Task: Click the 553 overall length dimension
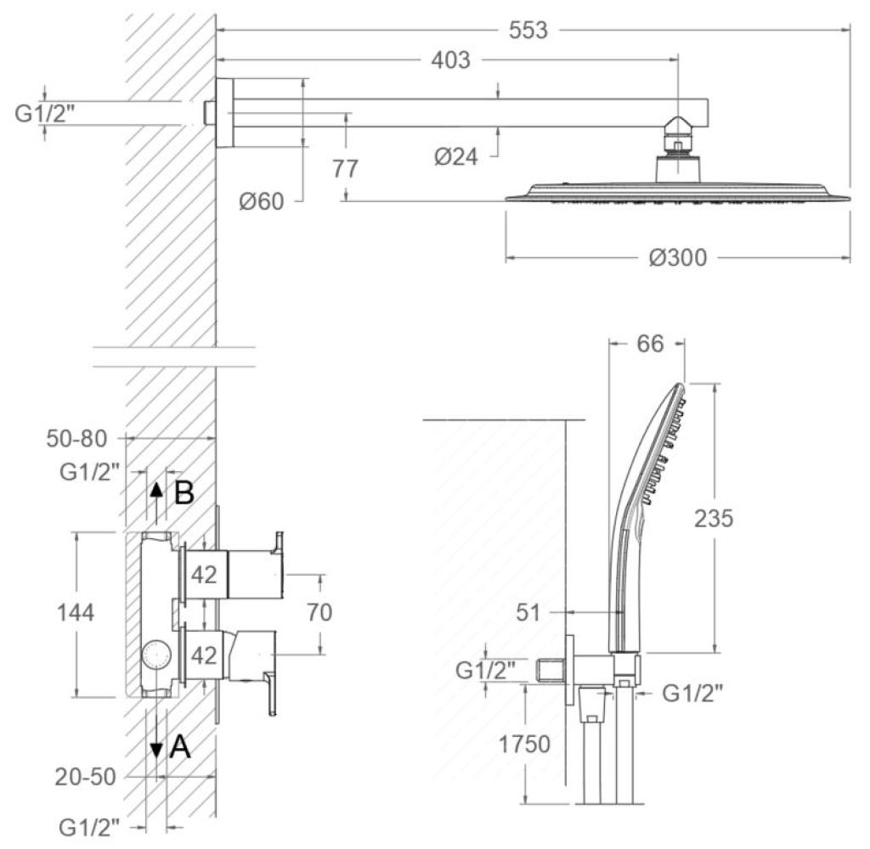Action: [528, 30]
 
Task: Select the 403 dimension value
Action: [450, 60]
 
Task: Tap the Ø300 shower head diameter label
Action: [678, 258]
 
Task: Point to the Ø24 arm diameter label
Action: [455, 157]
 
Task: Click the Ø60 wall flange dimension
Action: [262, 201]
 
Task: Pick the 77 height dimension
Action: [345, 168]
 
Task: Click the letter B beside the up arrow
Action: [184, 492]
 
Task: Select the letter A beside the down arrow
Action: [180, 747]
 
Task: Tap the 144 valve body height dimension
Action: [76, 613]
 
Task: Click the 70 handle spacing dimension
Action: [319, 612]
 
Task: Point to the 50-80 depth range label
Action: [76, 439]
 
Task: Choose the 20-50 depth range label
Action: [85, 777]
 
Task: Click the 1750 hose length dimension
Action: [524, 745]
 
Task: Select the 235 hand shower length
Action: [714, 519]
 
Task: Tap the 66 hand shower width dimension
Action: [650, 344]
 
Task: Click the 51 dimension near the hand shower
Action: [528, 613]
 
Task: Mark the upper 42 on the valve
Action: [204, 575]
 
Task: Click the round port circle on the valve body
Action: [156, 655]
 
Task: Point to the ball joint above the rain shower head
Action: [677, 127]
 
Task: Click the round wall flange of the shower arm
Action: [224, 113]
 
